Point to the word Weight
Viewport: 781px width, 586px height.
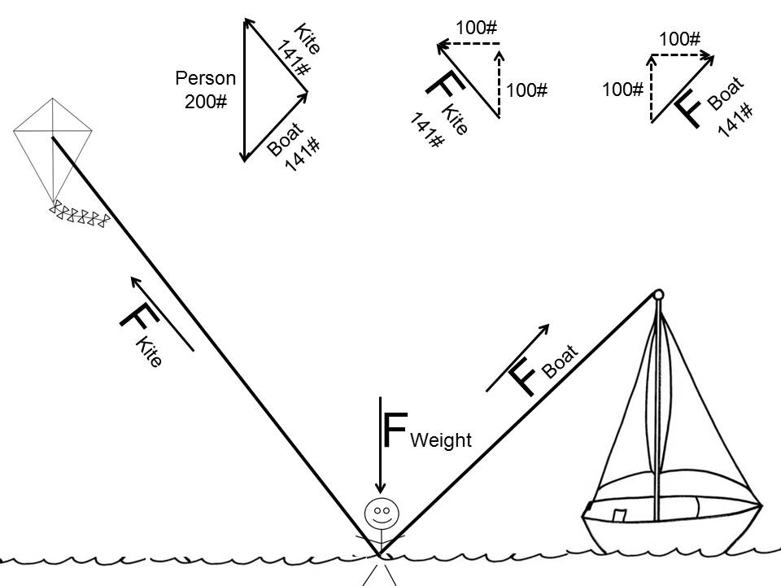441,440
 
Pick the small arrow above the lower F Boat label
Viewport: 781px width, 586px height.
517,357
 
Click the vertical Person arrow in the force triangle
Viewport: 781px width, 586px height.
243,90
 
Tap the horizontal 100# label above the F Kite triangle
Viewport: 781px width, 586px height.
476,27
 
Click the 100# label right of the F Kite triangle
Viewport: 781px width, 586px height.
526,90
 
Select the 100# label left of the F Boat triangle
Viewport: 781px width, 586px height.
623,89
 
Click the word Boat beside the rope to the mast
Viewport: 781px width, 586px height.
560,362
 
